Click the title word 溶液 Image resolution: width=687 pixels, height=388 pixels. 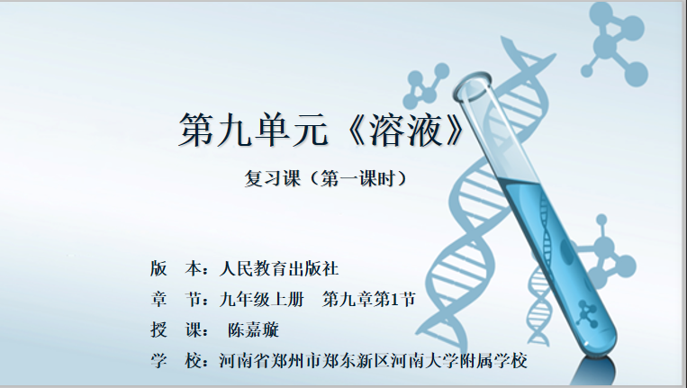click(x=406, y=130)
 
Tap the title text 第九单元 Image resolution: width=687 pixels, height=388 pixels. click(x=253, y=130)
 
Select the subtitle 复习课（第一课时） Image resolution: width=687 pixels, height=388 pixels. click(x=326, y=178)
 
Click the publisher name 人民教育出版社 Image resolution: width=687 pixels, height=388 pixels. click(x=279, y=268)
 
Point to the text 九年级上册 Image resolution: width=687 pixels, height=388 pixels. click(x=262, y=300)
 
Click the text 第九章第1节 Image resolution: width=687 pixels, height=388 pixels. click(x=369, y=300)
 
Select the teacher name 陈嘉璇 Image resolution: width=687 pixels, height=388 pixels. click(x=253, y=329)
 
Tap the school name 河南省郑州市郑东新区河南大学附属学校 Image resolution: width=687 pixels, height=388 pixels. click(x=374, y=360)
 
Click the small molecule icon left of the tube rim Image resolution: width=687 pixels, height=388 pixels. click(x=424, y=86)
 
